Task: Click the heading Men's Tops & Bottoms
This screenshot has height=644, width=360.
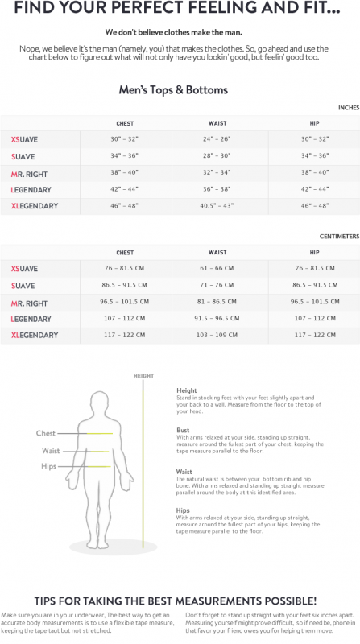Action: click(173, 90)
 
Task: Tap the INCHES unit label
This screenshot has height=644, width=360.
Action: click(349, 107)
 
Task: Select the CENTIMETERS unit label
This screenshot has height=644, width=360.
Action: click(340, 237)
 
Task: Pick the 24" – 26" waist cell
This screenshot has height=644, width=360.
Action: click(217, 139)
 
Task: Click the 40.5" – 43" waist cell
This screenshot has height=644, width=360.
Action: click(217, 206)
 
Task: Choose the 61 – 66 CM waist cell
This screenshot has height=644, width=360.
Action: click(217, 268)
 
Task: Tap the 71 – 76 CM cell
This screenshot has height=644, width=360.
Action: click(217, 285)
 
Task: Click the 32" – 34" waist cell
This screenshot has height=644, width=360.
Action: click(217, 172)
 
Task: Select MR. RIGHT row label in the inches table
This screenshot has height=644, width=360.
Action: click(29, 173)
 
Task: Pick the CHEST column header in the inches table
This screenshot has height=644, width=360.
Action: click(125, 123)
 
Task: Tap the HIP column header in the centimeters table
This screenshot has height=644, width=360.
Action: click(315, 252)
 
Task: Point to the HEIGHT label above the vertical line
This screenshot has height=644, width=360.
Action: click(143, 376)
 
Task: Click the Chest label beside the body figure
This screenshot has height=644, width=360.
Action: click(46, 434)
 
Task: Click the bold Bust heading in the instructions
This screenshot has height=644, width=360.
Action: click(183, 430)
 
